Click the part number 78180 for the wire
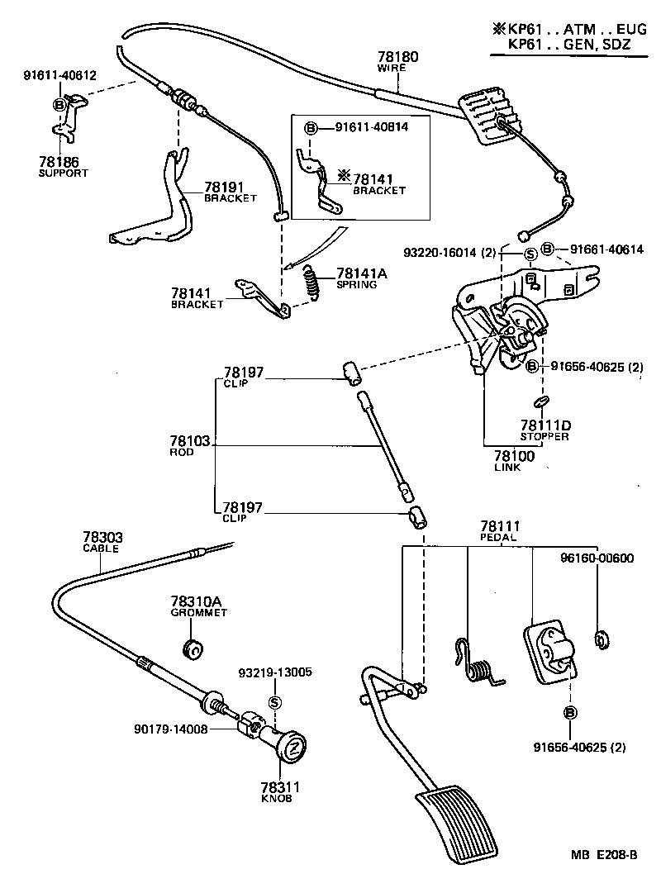point(397,58)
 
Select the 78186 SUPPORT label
point(62,166)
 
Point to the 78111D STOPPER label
point(544,430)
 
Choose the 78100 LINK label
point(514,460)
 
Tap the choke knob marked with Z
point(291,750)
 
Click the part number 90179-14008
point(170,729)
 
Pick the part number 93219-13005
point(275,672)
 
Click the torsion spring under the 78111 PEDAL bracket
point(478,662)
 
